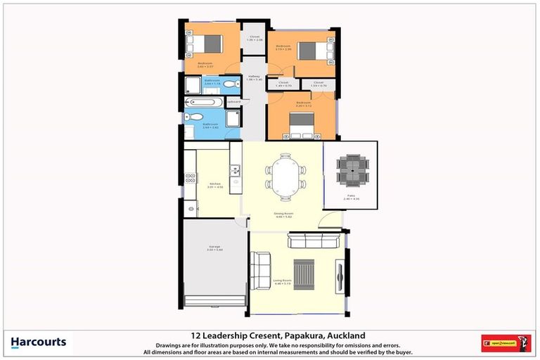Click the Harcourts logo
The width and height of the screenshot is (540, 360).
(39, 342)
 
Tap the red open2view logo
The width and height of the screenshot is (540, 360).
(506, 343)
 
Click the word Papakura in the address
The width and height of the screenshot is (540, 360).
(294, 335)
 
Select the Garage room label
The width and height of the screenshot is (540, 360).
(214, 247)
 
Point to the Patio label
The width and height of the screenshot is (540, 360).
(351, 198)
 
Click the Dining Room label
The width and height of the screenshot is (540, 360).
(283, 214)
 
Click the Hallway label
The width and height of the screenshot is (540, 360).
(254, 77)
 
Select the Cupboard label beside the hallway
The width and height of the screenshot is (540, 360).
(233, 102)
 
